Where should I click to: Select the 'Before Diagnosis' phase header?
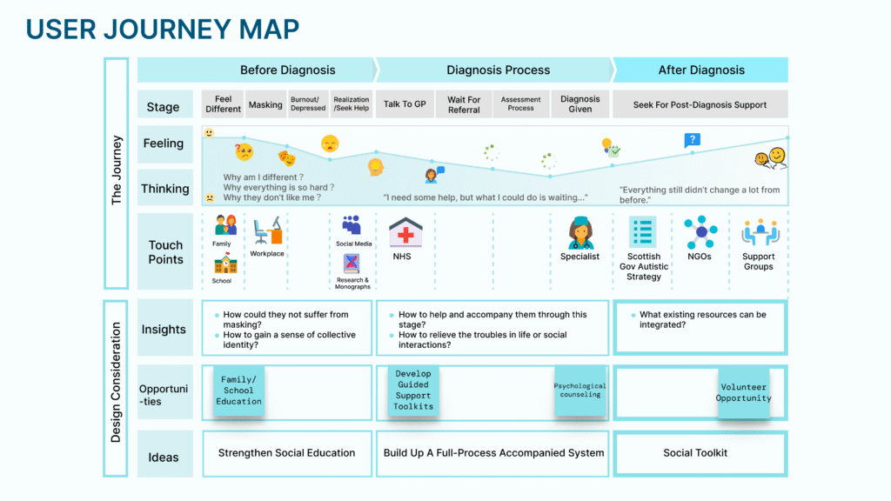point(287,70)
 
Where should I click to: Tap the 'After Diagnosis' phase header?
point(701,70)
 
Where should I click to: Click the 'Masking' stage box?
point(265,104)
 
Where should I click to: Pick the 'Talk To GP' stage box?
point(405,104)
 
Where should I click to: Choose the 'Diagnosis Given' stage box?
point(580,104)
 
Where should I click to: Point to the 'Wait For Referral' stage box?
point(464,104)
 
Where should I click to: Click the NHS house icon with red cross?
point(405,233)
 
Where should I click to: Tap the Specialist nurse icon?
point(580,232)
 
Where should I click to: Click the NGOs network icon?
point(700,232)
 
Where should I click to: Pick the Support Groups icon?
point(758,232)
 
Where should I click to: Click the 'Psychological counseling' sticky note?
point(580,391)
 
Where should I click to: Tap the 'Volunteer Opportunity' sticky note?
point(743,393)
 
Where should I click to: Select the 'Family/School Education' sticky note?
point(239,391)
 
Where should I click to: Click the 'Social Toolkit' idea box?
point(695,453)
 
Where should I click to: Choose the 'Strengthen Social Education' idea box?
point(286,453)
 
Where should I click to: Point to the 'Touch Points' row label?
point(165,252)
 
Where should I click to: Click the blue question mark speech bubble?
point(692,139)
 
